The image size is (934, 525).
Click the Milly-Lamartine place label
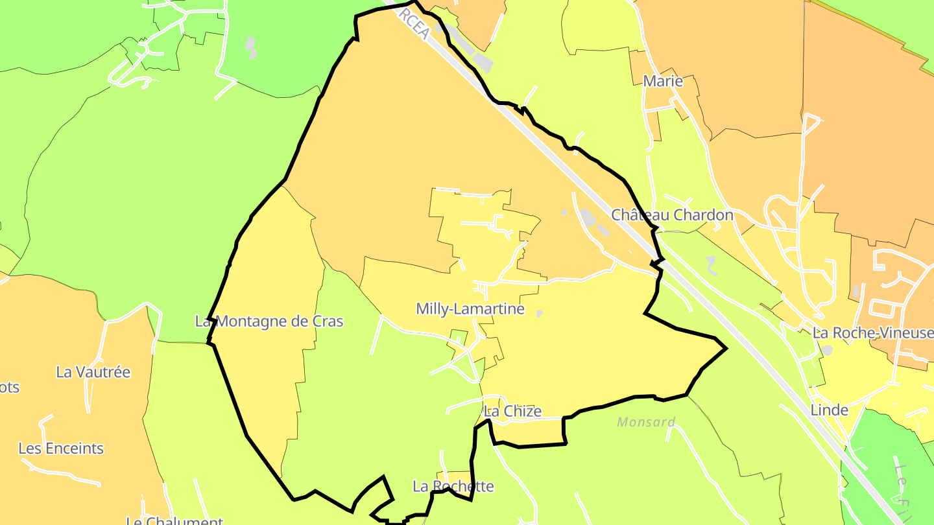(x=470, y=309)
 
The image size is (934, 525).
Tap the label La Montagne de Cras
(x=269, y=321)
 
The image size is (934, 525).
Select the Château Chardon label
(x=672, y=215)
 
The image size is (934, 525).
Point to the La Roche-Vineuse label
(x=872, y=333)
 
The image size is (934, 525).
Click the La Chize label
(x=512, y=411)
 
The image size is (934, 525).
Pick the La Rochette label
(x=453, y=486)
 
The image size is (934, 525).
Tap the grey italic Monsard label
(x=646, y=422)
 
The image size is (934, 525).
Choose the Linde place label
(x=829, y=410)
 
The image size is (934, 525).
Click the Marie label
(x=663, y=81)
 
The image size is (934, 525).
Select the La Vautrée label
(x=93, y=372)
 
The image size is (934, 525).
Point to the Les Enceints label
(x=61, y=448)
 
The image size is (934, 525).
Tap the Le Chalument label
(x=174, y=520)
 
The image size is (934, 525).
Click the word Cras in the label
(x=328, y=321)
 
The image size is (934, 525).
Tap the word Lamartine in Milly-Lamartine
(x=491, y=309)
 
